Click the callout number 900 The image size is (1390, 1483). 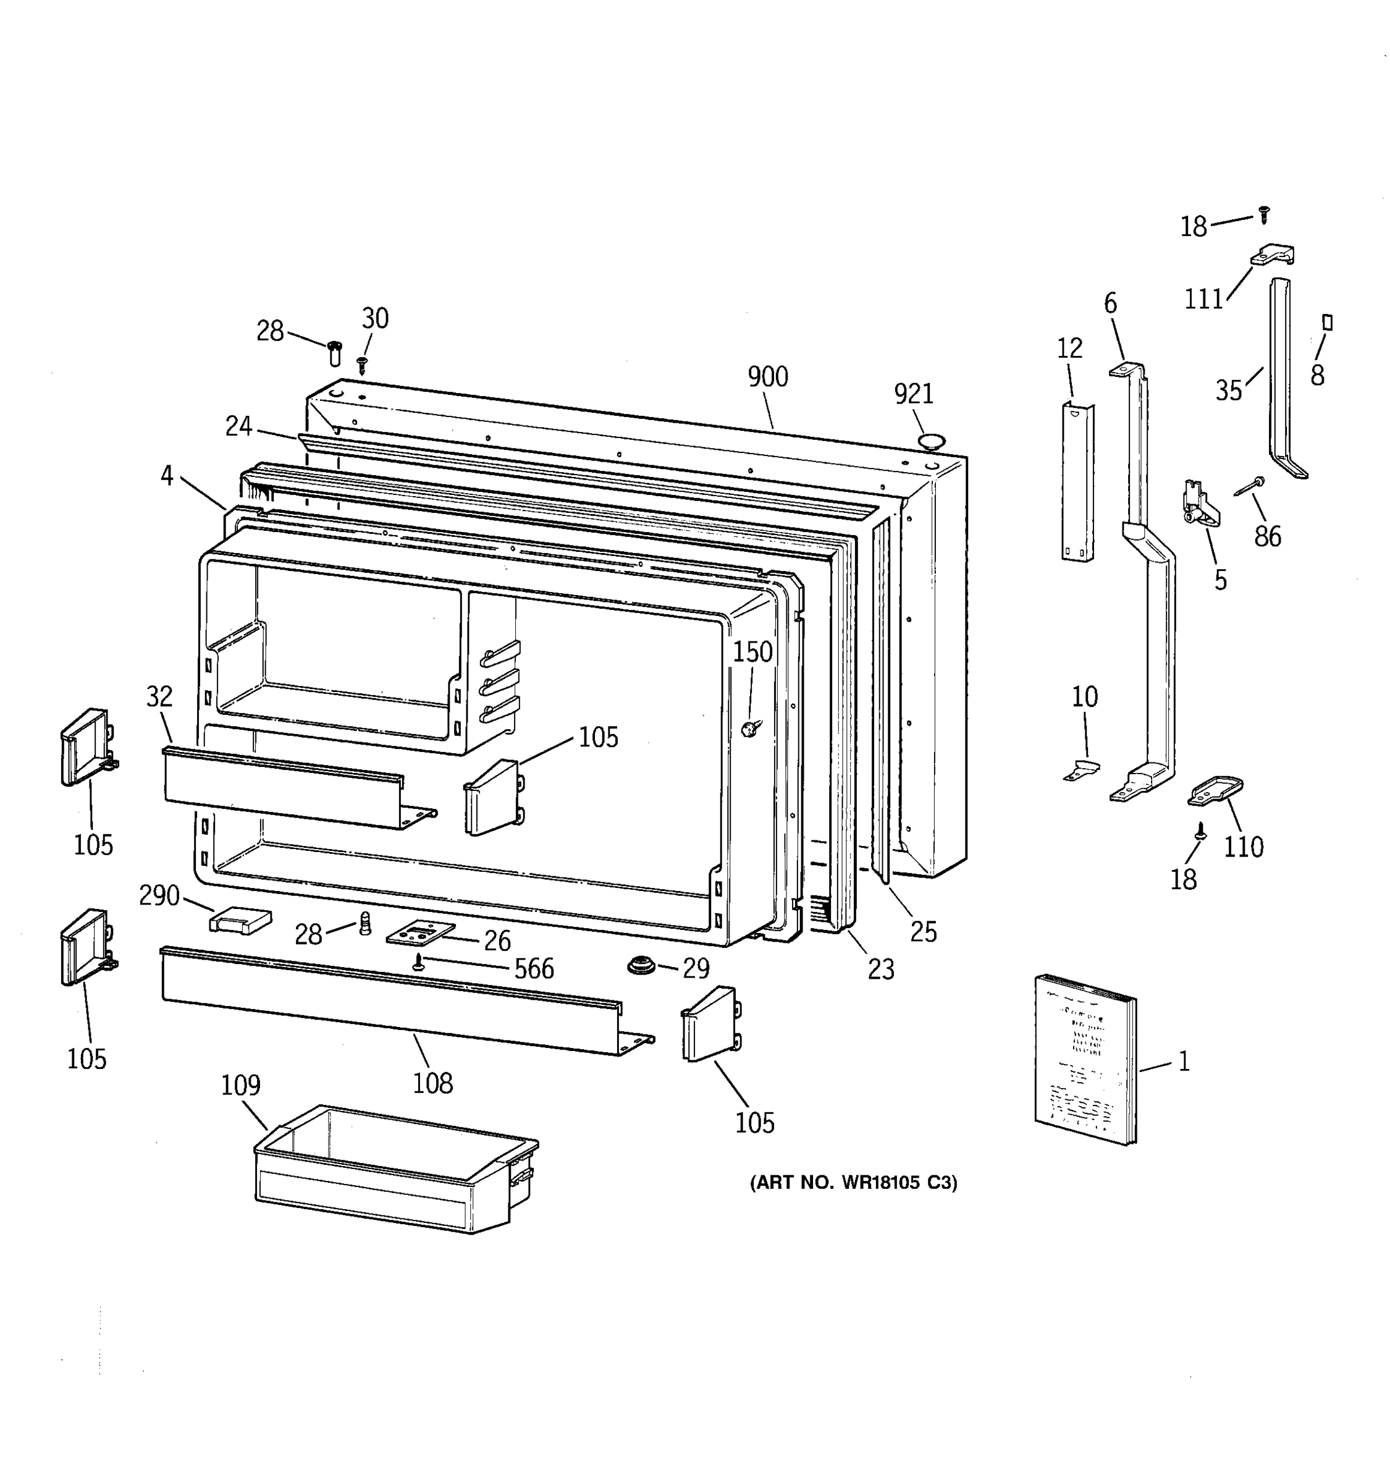point(767,377)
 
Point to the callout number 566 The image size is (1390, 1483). point(534,969)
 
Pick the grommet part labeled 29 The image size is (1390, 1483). point(641,965)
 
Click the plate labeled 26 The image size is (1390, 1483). point(420,933)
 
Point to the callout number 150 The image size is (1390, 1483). point(752,652)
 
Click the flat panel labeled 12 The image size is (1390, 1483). point(1077,481)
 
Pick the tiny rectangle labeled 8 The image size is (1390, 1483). point(1326,323)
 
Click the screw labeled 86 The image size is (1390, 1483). point(1249,486)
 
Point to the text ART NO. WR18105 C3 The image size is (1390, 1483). point(853,1182)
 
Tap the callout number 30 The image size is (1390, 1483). point(375,318)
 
